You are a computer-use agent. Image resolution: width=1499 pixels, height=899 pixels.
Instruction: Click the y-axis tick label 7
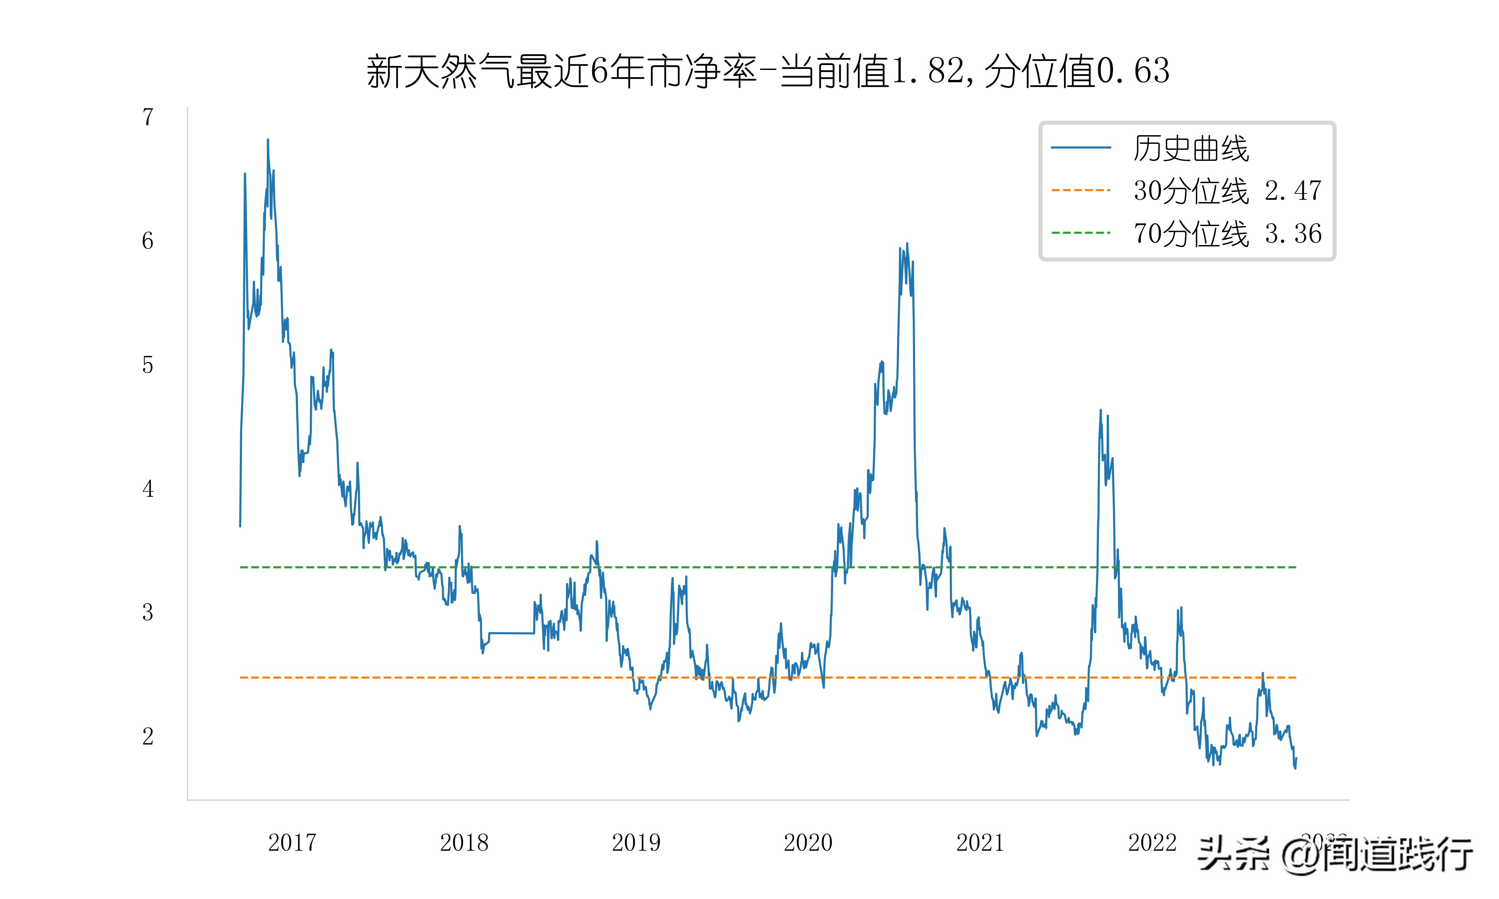(148, 117)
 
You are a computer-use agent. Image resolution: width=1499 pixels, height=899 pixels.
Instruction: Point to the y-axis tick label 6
(148, 241)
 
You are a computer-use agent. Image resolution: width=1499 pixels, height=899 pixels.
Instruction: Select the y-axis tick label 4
(148, 489)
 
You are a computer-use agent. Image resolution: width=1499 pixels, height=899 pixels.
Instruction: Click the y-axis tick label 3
(148, 612)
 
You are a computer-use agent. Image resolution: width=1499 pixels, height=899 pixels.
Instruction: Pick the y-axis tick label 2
(148, 737)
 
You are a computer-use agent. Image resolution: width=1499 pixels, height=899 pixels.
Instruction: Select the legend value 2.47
(1293, 191)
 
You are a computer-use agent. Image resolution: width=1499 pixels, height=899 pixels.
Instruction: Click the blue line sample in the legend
(1081, 147)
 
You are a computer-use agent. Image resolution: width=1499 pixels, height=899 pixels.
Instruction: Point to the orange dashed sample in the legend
(1081, 190)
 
